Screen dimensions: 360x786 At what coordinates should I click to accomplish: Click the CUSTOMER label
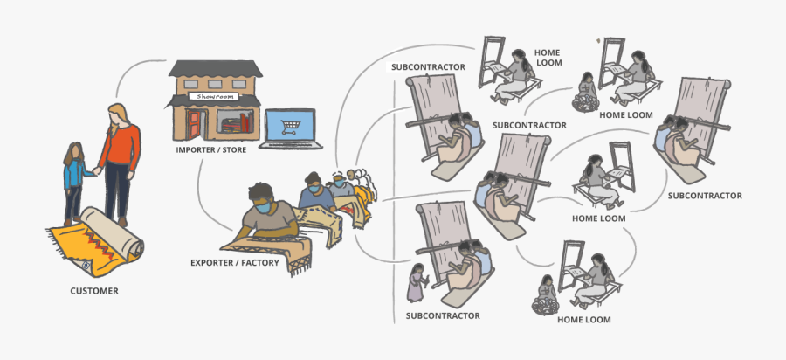point(94,291)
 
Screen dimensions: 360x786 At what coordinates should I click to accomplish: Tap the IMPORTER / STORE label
point(211,149)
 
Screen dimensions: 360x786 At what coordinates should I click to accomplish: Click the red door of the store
point(192,123)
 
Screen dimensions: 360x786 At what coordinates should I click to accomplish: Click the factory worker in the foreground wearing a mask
point(266,214)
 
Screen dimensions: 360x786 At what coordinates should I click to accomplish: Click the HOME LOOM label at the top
point(549,57)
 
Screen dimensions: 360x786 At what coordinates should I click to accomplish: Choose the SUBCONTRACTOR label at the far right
point(705,196)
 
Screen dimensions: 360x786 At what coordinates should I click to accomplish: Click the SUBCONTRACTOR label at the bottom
point(443,315)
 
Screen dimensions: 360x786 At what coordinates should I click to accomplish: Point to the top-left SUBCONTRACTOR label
point(428,66)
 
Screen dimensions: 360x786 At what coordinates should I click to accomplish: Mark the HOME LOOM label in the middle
point(598,218)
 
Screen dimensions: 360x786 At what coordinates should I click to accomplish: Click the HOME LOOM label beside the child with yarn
point(626,114)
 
